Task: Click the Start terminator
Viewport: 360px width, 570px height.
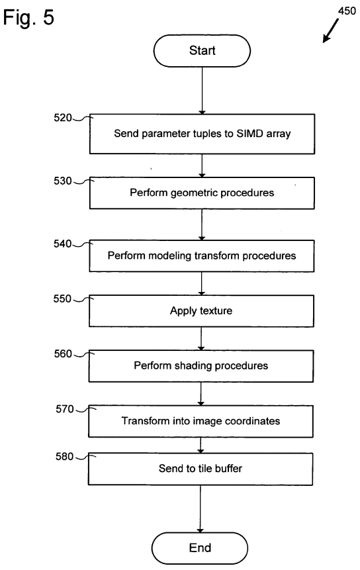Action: coord(202,51)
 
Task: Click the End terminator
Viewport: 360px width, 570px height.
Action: coord(200,548)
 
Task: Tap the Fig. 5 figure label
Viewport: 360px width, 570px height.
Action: coord(28,17)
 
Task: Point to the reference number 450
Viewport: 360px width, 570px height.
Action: coord(347,11)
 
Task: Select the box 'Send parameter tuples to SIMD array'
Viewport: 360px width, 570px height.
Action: coord(202,134)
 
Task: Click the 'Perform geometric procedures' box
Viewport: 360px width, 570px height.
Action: coord(202,193)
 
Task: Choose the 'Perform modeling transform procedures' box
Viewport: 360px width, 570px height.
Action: coord(202,256)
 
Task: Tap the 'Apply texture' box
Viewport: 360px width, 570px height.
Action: coord(201,310)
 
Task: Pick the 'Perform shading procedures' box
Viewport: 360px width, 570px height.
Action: coord(201,366)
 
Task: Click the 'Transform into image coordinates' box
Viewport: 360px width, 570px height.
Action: coord(201,421)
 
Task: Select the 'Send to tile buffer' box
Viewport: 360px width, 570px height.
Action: coord(200,469)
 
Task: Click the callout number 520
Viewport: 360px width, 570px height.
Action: coord(63,118)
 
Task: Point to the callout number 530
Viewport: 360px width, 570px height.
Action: coord(63,181)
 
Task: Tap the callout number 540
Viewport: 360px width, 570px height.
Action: coord(62,244)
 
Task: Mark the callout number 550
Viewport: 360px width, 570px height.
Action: coord(62,299)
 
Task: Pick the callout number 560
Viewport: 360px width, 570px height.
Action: coord(63,354)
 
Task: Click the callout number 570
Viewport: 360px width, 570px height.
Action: coord(65,409)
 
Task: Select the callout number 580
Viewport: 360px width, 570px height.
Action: coord(65,456)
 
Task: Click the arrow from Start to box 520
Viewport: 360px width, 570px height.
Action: coord(202,91)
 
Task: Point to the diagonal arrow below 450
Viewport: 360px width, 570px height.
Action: coord(331,31)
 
